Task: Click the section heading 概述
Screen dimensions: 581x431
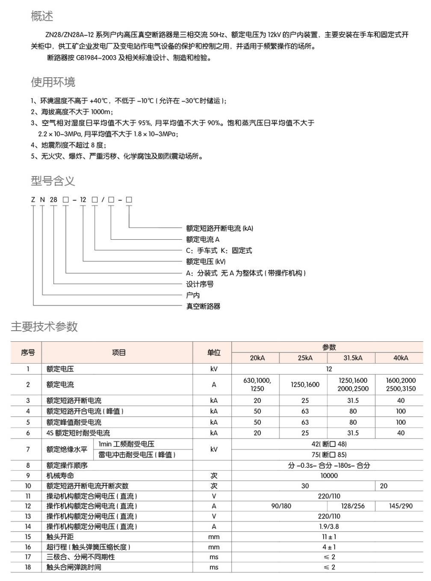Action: tap(42, 16)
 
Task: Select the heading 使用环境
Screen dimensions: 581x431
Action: tap(53, 82)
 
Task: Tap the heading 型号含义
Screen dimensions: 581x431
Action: tap(53, 181)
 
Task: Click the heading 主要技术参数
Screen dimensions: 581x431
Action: tap(44, 327)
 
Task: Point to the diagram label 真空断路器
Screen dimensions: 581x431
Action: tap(203, 306)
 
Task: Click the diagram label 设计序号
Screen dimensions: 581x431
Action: tap(200, 284)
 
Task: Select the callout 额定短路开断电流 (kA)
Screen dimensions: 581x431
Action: tap(219, 229)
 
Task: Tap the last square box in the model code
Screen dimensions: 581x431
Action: tap(129, 200)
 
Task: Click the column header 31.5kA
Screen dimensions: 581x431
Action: tap(353, 358)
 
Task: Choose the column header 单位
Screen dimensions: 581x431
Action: tap(214, 352)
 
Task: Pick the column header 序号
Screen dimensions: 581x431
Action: tap(28, 352)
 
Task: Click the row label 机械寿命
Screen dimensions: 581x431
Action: tap(60, 475)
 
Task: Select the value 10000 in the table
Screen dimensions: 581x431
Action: tap(329, 475)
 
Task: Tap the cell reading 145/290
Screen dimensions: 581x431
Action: tap(401, 506)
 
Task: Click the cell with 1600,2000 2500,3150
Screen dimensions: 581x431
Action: tap(401, 384)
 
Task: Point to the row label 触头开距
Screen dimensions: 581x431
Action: tap(60, 537)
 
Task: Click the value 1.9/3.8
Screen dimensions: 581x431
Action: tap(329, 527)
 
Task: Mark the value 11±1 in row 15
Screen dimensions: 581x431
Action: tap(329, 537)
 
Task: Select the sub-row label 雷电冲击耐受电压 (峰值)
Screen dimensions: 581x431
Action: tap(137, 455)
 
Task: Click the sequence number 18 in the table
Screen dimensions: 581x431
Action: tap(28, 567)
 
